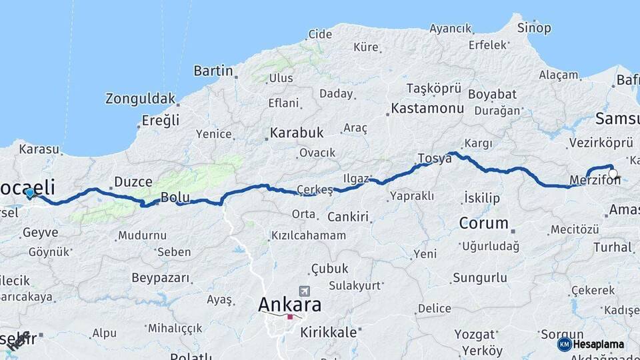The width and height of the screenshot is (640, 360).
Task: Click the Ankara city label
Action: [x=289, y=305]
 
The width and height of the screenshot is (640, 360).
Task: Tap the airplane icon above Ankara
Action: [x=305, y=291]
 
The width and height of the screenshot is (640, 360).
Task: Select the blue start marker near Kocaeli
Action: [x=30, y=193]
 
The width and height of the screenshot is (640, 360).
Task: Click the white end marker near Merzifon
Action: [x=613, y=174]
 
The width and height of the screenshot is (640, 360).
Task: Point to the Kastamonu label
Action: [x=427, y=107]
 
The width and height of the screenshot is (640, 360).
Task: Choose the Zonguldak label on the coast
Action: [x=140, y=99]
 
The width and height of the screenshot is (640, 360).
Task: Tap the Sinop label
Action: [x=535, y=28]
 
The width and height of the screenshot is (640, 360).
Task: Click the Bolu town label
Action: [x=175, y=197]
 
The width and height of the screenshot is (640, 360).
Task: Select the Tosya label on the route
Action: [x=435, y=159]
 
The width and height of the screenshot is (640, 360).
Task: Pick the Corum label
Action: [x=483, y=223]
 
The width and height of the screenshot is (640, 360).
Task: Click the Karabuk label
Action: [x=297, y=132]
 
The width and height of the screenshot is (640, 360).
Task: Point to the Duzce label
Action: [x=133, y=181]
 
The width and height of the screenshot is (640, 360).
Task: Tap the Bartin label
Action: [x=213, y=70]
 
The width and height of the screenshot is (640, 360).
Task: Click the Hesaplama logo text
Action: [x=599, y=344]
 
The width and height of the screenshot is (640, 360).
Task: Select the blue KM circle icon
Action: [x=565, y=344]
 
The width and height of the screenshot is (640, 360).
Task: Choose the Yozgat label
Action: [x=475, y=334]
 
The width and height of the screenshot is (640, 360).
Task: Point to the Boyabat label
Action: [x=492, y=94]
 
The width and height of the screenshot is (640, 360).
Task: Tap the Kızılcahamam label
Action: [x=309, y=235]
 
